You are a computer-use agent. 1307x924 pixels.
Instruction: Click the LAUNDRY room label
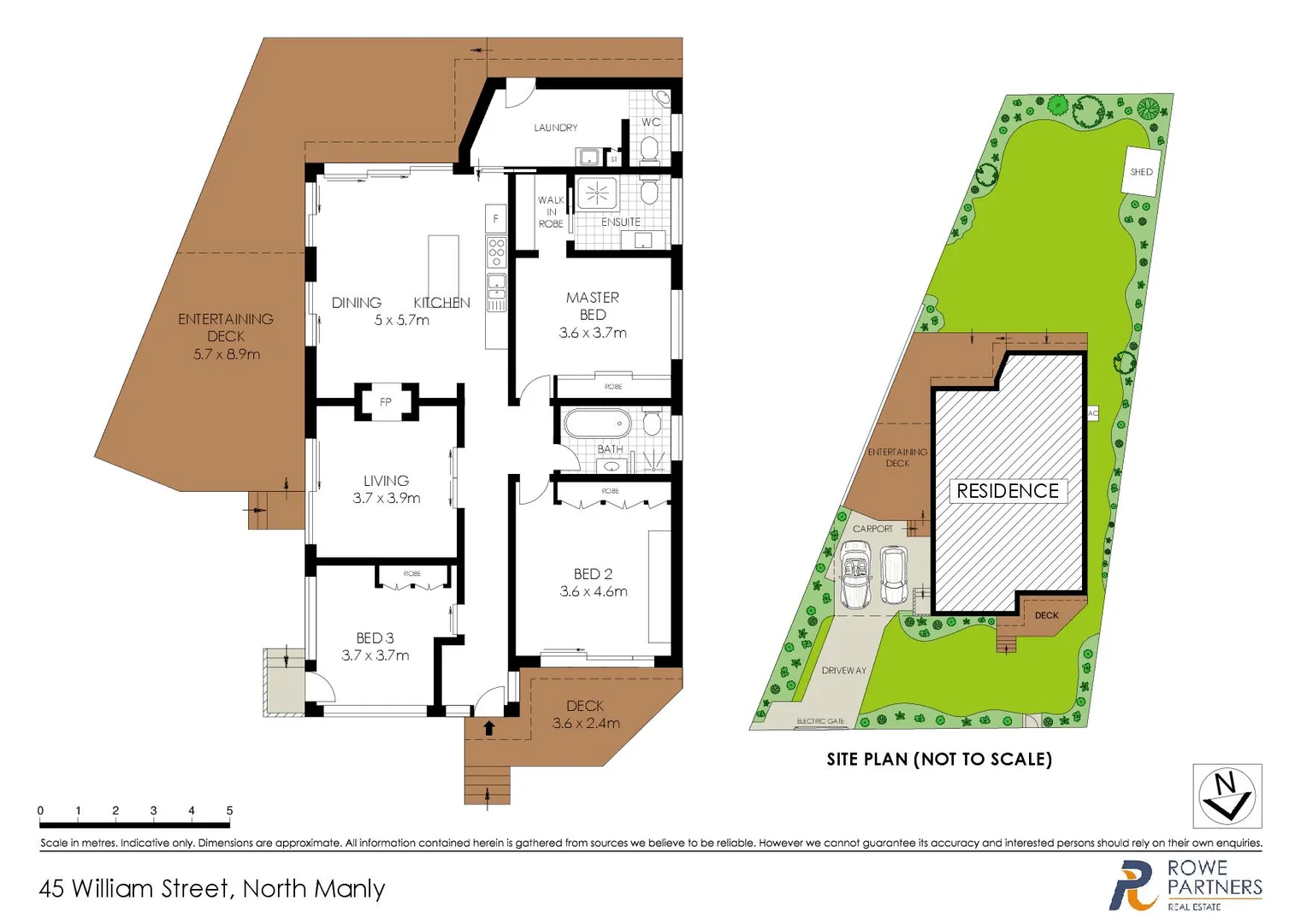click(555, 127)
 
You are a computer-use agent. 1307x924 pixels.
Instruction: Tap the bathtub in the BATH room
click(597, 423)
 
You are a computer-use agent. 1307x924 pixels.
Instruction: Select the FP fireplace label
click(386, 402)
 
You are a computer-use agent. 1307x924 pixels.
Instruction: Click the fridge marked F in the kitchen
click(495, 219)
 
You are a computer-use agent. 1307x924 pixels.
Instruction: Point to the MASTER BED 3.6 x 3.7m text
click(593, 315)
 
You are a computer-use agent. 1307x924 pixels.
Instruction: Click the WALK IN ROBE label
click(551, 212)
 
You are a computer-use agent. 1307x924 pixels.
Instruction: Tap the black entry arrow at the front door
click(489, 728)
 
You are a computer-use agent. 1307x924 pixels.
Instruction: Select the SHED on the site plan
click(1141, 172)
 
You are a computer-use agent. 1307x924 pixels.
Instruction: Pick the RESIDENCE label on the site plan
click(1008, 491)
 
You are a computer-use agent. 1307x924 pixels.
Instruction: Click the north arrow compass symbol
click(1227, 797)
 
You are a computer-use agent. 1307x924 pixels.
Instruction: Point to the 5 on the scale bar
click(229, 810)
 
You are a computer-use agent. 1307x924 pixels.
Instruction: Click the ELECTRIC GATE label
click(820, 721)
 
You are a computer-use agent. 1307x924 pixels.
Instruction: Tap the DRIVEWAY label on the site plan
click(843, 671)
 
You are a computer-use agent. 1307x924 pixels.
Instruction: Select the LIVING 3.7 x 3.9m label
click(387, 489)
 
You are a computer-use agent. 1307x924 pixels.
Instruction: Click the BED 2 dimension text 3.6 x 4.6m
click(594, 591)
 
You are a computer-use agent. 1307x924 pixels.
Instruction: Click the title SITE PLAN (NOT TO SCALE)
click(938, 759)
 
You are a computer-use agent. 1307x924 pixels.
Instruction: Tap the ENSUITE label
click(620, 222)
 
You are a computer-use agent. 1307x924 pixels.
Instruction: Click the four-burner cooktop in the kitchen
click(496, 252)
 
